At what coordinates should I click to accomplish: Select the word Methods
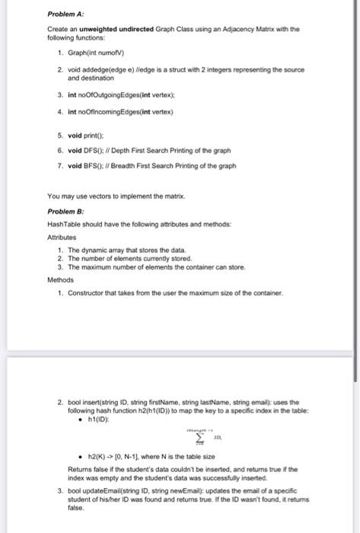pyautogui.click(x=63, y=279)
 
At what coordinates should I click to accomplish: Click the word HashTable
pyautogui.click(x=63, y=224)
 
